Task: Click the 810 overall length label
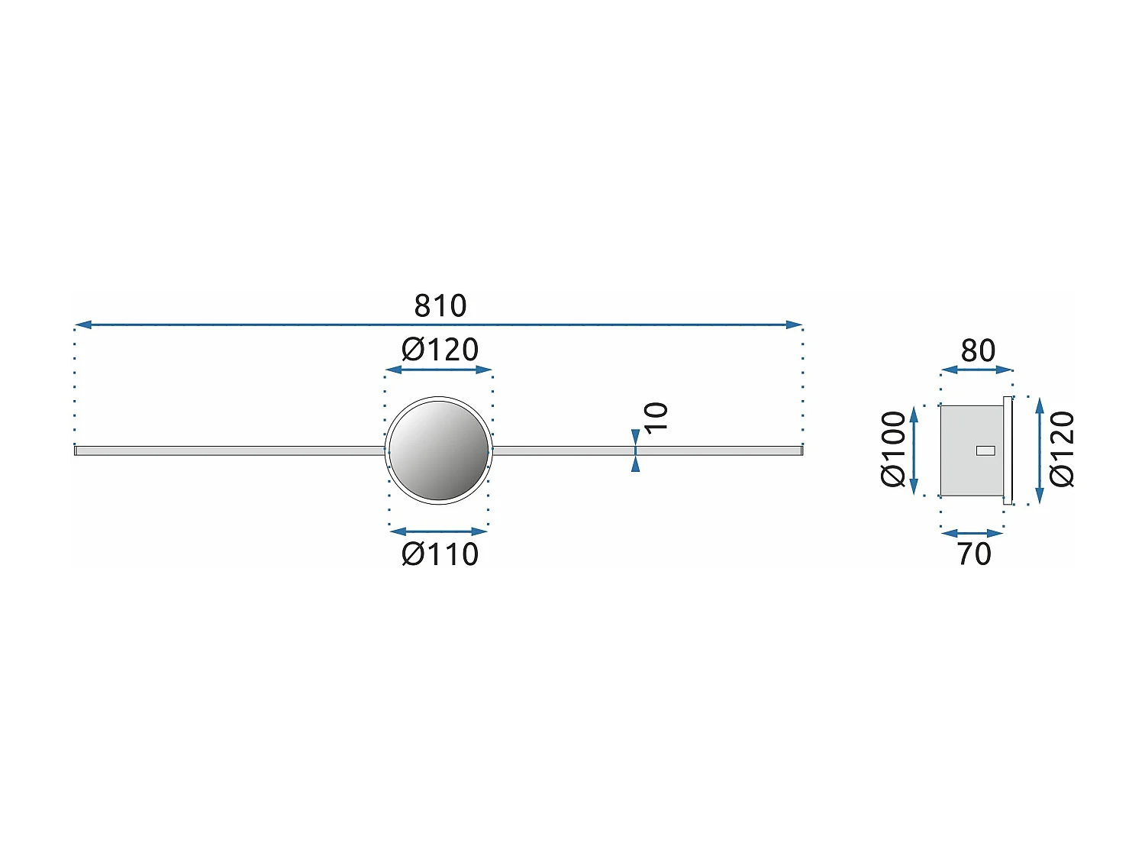coord(440,306)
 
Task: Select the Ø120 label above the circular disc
coord(440,350)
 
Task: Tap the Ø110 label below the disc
coord(440,554)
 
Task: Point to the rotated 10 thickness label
coord(656,417)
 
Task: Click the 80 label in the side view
coord(978,350)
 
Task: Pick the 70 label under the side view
coord(974,554)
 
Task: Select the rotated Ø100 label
coord(893,449)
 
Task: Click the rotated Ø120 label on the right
coord(1062,449)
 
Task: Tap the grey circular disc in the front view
coord(439,450)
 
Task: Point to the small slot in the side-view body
coord(985,450)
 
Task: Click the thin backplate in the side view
coord(1008,450)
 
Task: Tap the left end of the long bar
coord(77,450)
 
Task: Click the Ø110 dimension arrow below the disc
coord(439,531)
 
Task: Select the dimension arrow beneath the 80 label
coord(976,370)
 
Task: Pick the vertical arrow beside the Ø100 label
coord(914,450)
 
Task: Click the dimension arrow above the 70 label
coord(972,533)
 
